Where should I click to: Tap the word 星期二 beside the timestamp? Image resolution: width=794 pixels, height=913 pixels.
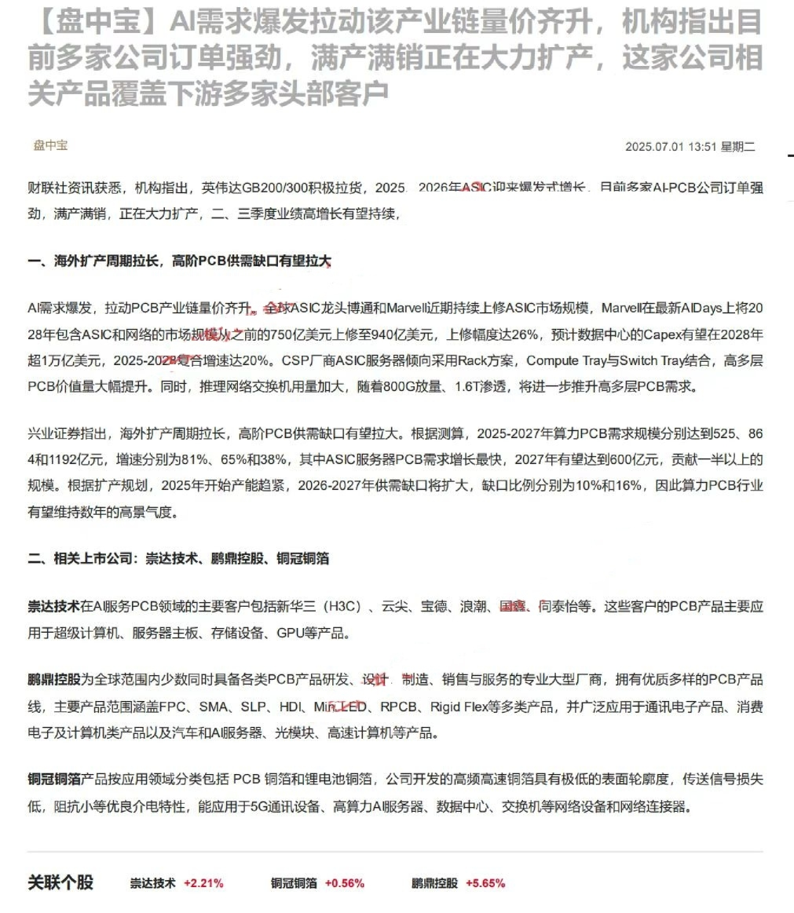pos(738,147)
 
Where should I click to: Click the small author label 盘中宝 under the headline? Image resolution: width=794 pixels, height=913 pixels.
pos(50,145)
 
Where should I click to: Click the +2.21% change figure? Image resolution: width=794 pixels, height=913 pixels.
pos(203,882)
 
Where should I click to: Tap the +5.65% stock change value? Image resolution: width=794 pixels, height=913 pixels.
pos(485,882)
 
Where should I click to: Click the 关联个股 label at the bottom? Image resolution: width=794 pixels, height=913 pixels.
pos(60,882)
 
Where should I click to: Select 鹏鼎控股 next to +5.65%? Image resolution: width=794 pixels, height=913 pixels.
pos(434,882)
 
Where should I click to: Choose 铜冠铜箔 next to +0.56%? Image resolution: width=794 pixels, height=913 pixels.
pos(294,882)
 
